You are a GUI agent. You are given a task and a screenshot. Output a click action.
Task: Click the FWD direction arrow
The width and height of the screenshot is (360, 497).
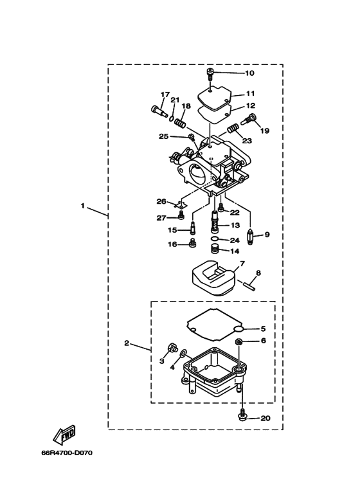click(64, 434)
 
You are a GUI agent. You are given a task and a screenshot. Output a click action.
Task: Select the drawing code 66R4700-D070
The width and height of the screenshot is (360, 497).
click(67, 453)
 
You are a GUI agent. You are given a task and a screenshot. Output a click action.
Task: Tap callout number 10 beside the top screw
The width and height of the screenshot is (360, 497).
click(249, 73)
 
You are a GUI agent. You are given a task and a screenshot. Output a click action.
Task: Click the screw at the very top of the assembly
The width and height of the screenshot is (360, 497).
click(210, 73)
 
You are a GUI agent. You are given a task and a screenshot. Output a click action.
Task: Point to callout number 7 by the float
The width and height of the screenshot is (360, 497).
click(242, 264)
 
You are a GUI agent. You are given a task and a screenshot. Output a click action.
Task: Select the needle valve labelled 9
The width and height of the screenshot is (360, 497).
click(250, 238)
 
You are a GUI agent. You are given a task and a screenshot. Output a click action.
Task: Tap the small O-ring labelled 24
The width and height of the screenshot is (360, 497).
click(215, 239)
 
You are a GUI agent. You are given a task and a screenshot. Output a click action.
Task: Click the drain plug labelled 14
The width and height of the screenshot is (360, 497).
click(215, 249)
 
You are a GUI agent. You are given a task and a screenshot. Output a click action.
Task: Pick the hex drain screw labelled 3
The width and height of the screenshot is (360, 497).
click(173, 348)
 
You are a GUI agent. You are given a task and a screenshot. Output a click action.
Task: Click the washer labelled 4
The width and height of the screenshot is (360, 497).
click(183, 353)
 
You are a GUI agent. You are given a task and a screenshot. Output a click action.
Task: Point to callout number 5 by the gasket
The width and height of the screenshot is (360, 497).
click(263, 329)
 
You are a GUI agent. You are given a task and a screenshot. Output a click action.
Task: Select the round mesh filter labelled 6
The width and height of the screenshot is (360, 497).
click(239, 341)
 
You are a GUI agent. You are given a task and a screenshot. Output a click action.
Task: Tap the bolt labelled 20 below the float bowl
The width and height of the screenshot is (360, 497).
click(242, 416)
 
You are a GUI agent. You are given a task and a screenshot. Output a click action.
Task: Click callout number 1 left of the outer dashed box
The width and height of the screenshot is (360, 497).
click(83, 206)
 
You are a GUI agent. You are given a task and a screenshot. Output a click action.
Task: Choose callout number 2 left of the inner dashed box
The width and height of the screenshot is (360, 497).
click(127, 343)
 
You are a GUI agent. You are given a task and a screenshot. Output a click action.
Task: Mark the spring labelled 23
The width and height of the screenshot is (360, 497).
click(233, 129)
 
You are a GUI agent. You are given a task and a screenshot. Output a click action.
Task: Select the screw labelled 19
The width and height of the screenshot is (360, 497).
click(249, 119)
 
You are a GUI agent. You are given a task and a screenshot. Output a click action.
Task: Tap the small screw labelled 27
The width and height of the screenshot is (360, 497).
click(181, 216)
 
